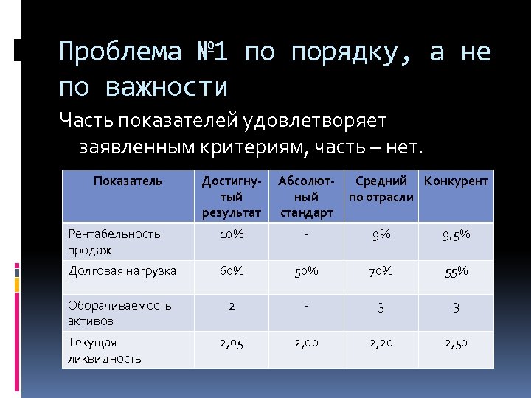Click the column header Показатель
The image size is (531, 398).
(x=128, y=181)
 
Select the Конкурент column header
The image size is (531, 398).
(x=456, y=181)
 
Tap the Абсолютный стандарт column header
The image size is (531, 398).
(x=306, y=197)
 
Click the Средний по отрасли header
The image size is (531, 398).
(x=381, y=189)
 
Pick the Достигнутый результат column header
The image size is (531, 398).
(x=231, y=197)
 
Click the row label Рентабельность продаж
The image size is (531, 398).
(x=114, y=242)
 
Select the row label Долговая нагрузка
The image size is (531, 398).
(x=122, y=270)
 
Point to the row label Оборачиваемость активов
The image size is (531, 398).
(x=119, y=313)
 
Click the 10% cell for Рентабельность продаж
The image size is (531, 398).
(x=231, y=234)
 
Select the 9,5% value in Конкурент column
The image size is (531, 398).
(x=456, y=235)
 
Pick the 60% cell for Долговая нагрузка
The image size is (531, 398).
(x=231, y=270)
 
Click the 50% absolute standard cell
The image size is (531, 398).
(x=306, y=271)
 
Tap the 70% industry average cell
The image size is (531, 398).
(x=381, y=271)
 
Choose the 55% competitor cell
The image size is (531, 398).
(x=456, y=272)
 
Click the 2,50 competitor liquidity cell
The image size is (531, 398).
(x=456, y=343)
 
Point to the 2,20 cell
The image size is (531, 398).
(x=381, y=343)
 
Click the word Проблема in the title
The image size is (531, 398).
(x=119, y=52)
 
